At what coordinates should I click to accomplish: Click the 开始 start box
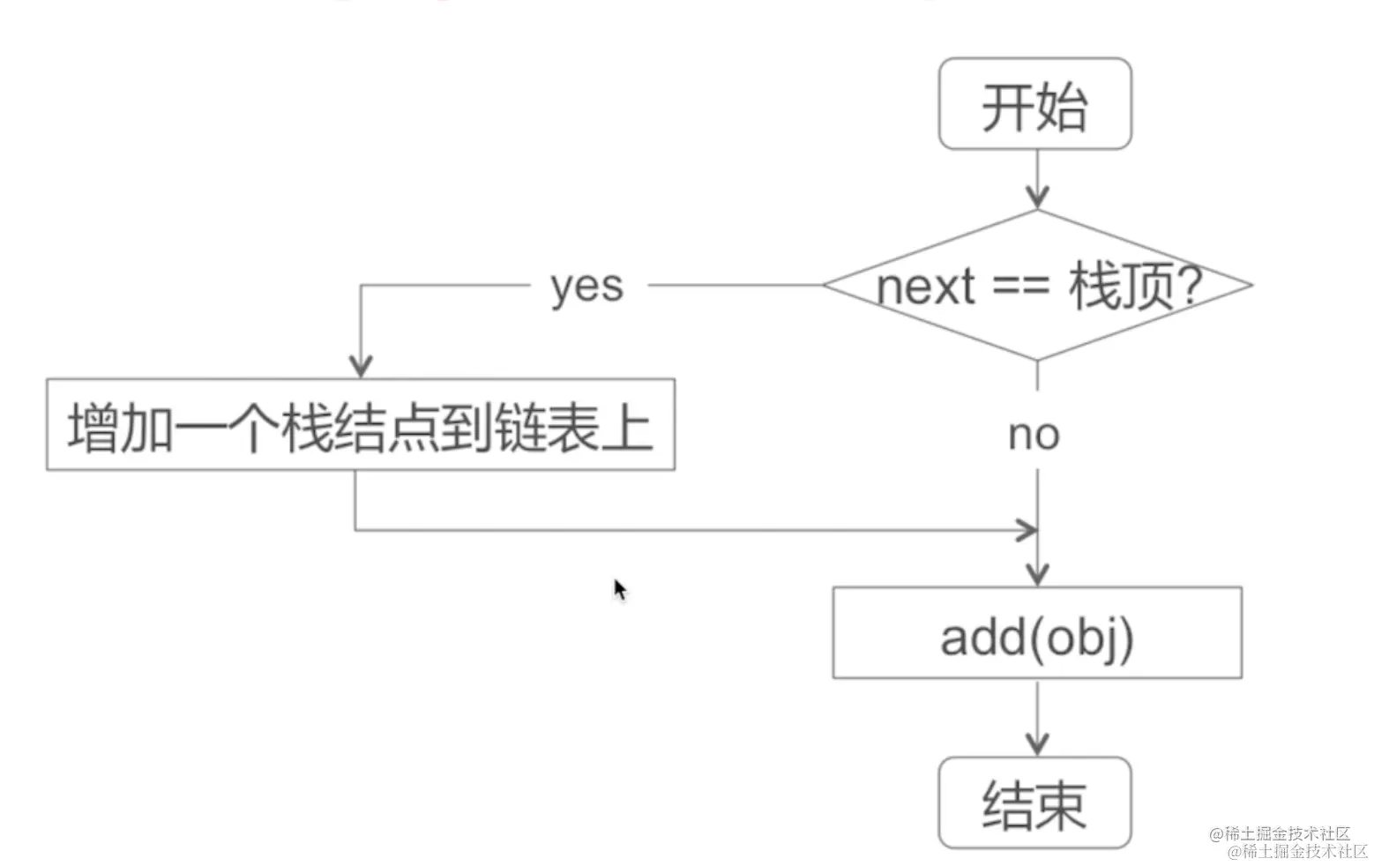click(1034, 104)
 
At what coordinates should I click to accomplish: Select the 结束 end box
click(1034, 803)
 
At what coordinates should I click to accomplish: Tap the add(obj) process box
click(1037, 633)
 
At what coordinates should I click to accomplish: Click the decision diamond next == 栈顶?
click(1037, 284)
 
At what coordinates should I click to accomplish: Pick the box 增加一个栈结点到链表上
click(360, 425)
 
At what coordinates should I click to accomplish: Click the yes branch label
click(586, 286)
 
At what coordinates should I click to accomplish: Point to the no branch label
click(1034, 434)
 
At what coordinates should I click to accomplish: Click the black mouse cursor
click(620, 589)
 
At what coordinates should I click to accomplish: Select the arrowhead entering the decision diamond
click(1038, 198)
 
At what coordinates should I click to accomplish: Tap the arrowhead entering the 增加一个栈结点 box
click(361, 365)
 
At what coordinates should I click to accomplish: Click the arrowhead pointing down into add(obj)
click(1038, 574)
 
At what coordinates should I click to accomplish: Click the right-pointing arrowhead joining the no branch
click(1027, 530)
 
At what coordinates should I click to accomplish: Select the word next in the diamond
click(926, 287)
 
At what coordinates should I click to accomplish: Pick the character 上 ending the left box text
click(626, 427)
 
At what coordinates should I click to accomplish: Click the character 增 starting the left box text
click(93, 427)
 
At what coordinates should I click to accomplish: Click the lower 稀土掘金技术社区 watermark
click(1297, 851)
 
